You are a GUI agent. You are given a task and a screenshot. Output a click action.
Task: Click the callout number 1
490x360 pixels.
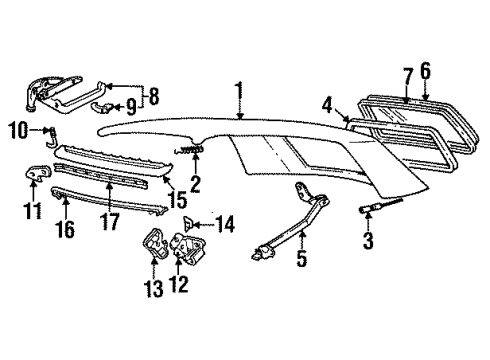(x=239, y=95)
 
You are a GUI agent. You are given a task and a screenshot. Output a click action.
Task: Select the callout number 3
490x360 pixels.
(x=368, y=241)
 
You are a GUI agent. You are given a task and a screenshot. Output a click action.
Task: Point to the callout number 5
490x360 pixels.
(x=302, y=258)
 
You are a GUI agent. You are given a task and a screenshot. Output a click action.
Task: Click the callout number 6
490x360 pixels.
(x=425, y=71)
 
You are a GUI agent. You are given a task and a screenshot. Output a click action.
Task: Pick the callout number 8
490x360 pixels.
(x=153, y=96)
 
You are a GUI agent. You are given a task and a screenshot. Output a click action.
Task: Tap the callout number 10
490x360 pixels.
(x=18, y=130)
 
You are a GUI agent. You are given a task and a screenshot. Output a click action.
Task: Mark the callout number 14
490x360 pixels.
(x=224, y=224)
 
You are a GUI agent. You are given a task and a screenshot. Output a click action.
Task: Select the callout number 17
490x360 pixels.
(x=109, y=222)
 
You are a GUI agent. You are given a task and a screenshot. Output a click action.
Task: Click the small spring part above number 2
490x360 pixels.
(x=189, y=150)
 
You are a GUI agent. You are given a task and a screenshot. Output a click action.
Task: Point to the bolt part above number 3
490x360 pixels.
(x=381, y=205)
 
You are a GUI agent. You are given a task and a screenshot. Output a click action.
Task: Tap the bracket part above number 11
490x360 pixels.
(x=38, y=173)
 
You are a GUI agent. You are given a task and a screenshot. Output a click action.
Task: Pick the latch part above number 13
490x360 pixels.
(x=155, y=242)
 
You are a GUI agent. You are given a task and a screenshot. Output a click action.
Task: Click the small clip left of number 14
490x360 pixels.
(x=188, y=224)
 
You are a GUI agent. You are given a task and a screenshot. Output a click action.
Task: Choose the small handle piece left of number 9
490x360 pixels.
(x=101, y=107)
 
